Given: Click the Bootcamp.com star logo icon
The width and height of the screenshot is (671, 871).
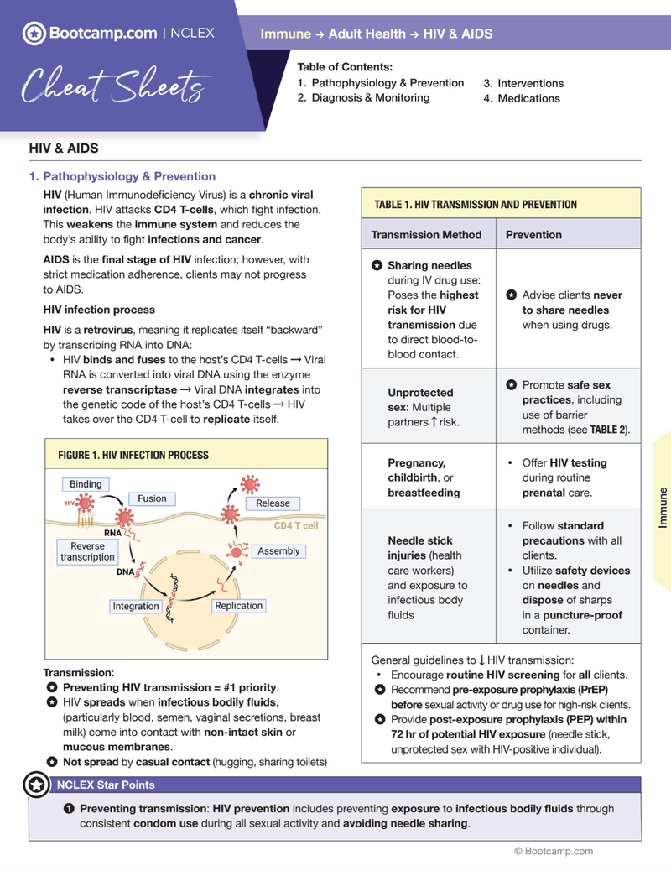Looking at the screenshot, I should [x=34, y=34].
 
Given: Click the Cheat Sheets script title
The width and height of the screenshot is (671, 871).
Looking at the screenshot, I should [x=112, y=85].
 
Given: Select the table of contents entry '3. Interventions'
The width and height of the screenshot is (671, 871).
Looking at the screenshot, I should [x=523, y=83].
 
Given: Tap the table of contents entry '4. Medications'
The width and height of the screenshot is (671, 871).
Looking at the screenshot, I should [x=521, y=98].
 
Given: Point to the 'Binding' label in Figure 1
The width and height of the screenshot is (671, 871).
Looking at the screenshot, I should [x=86, y=484].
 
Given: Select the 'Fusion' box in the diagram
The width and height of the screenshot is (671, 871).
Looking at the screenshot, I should [x=152, y=498].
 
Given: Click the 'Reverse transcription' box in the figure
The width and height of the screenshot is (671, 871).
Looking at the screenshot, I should [x=87, y=551].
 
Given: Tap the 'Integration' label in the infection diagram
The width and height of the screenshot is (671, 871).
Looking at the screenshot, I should [x=136, y=606].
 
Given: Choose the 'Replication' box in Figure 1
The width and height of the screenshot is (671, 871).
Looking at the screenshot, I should [x=239, y=605].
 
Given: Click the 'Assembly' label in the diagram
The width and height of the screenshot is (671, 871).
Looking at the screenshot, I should [x=278, y=551].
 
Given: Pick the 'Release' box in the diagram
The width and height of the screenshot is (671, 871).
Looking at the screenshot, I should [x=273, y=503].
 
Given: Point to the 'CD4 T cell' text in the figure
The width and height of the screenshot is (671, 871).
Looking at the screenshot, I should [x=296, y=526].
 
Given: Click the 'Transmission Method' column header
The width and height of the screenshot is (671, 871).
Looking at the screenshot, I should [x=427, y=235].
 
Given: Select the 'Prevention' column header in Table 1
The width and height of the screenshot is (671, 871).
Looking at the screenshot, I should [x=533, y=235].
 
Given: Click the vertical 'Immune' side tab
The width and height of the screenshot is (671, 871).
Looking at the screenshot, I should [x=663, y=507].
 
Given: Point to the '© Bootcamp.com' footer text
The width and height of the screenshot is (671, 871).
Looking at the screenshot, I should [x=554, y=851].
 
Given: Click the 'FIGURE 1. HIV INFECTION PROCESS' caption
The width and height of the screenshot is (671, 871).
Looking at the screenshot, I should [x=133, y=455].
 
